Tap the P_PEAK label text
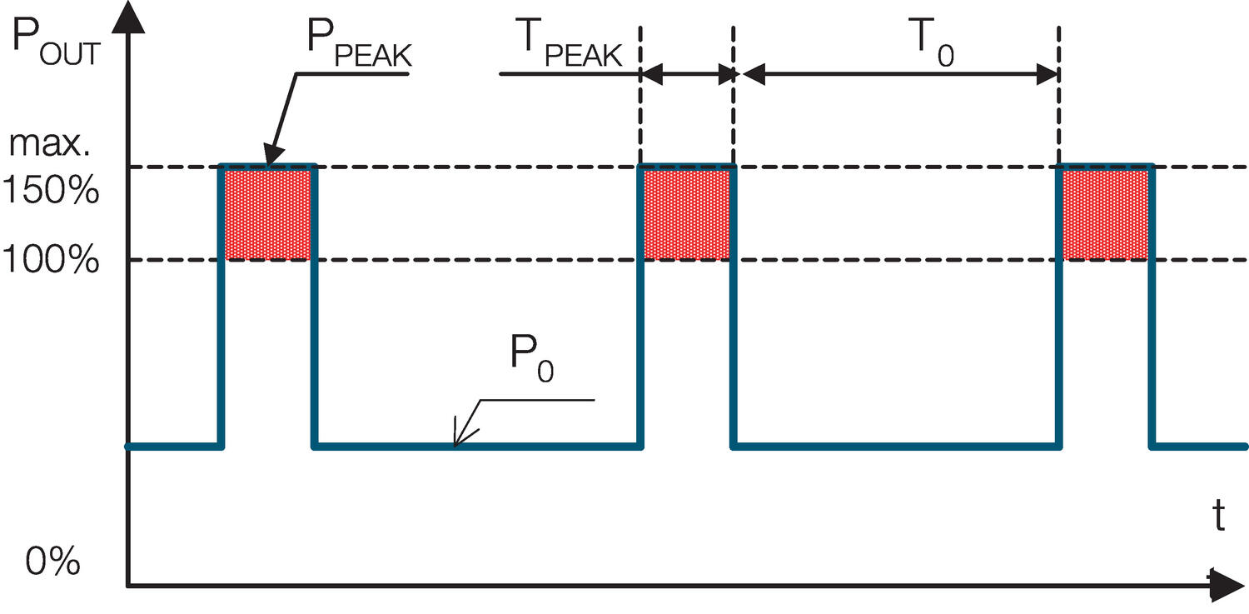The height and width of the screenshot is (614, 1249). point(361,47)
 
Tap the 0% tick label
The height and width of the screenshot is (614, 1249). point(52,562)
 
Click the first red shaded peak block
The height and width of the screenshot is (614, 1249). point(268,214)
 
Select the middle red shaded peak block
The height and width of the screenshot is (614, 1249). point(686,214)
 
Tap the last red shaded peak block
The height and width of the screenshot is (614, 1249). point(1106,214)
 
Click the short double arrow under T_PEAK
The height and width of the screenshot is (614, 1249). point(686,75)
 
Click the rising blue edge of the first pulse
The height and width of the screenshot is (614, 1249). point(221,308)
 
